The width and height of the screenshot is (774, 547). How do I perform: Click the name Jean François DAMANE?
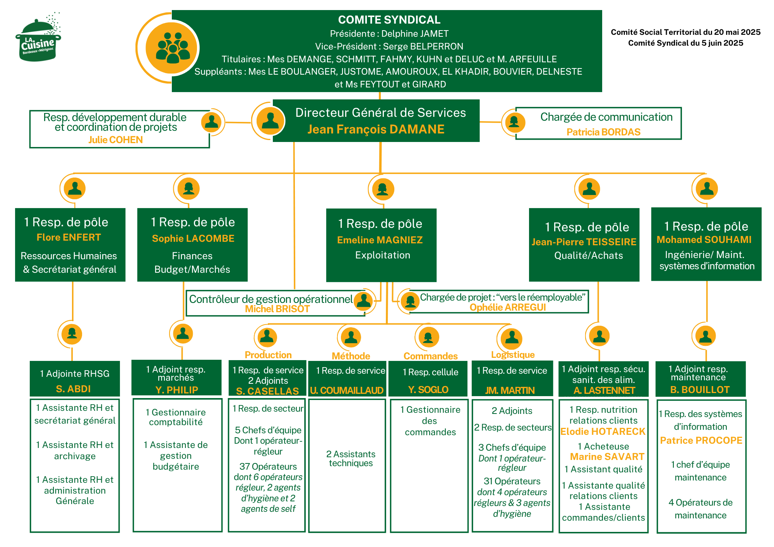[376, 129]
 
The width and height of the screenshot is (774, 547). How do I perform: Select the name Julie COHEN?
[115, 140]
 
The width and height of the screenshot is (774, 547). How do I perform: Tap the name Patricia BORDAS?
[603, 132]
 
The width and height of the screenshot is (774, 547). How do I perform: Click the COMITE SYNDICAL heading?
[389, 20]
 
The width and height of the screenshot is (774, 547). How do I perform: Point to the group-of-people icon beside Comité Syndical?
[173, 48]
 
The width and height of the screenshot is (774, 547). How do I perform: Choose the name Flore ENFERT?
[69, 237]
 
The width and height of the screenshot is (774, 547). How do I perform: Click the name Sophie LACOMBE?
[193, 238]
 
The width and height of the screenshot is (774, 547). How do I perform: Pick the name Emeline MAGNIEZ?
[380, 240]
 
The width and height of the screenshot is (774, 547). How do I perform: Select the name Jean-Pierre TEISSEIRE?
[584, 242]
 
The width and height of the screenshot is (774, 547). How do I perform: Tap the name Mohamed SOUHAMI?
[704, 239]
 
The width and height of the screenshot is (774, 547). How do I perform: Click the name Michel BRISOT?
[277, 309]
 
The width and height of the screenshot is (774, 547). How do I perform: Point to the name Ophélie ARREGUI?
[508, 307]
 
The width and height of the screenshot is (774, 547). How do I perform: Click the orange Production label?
[268, 355]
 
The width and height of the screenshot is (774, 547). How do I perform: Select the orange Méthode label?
[351, 356]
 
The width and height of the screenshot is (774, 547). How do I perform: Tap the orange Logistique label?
[513, 355]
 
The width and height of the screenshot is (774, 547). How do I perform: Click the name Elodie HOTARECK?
[603, 431]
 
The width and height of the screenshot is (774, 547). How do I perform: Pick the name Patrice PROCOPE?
[701, 440]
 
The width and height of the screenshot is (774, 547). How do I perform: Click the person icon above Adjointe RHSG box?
[72, 333]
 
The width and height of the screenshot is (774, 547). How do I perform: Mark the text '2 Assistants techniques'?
[351, 458]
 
